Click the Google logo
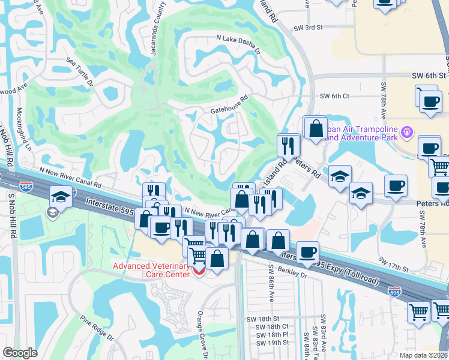click(20, 353)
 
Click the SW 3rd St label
click(309, 28)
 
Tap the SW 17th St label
click(393, 264)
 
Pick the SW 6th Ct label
click(334, 96)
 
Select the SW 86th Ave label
click(271, 288)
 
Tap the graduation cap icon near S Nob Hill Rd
click(61, 196)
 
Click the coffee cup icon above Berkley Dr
click(307, 252)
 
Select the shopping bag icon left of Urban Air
click(315, 128)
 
